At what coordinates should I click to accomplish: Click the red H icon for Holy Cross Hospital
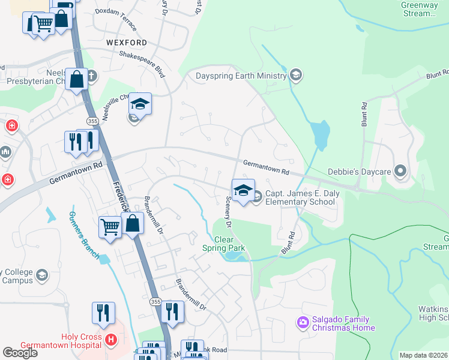110,340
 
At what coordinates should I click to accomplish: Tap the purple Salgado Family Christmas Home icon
303,323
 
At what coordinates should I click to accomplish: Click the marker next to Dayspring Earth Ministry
295,76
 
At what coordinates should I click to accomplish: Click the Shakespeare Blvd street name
142,62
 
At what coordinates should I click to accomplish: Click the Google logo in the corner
20,353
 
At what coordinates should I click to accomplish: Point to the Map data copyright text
423,355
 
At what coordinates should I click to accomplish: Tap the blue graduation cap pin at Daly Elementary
243,190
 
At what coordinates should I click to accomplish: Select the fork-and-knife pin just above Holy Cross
103,313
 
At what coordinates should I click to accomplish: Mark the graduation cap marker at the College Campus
42,275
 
